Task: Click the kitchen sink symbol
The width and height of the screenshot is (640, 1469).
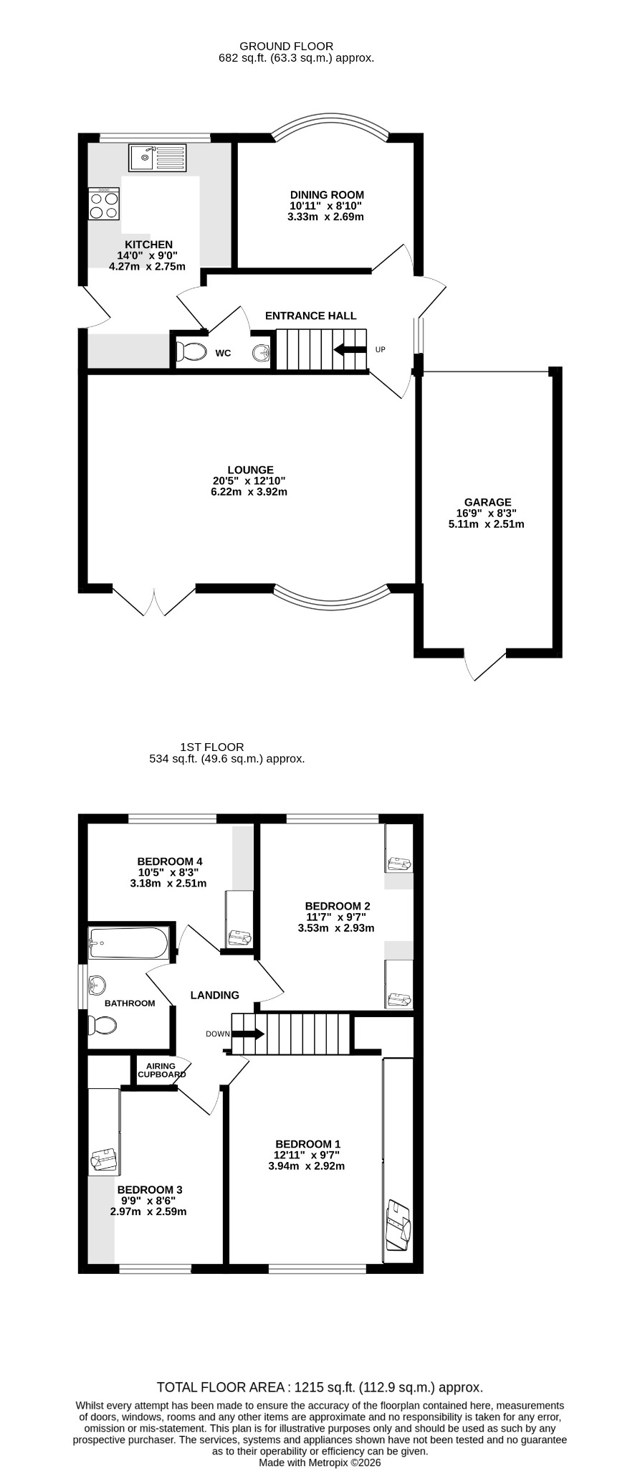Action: coord(157,158)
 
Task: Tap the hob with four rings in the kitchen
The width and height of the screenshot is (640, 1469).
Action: coord(104,204)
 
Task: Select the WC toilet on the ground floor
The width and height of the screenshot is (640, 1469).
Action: coord(189,352)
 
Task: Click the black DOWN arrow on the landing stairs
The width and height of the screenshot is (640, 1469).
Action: coord(249,1034)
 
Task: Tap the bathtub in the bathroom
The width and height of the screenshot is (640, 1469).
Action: coord(129,943)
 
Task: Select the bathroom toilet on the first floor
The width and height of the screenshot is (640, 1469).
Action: coord(101,1026)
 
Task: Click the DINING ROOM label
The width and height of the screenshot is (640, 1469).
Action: coord(327,194)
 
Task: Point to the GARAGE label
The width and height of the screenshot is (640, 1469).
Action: coord(487,502)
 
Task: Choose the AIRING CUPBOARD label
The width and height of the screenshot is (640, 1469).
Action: coord(161,1070)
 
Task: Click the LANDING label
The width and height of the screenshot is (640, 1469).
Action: coord(214,995)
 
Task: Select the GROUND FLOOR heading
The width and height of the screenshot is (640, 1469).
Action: coord(296,47)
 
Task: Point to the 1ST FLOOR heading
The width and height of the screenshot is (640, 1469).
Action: coord(212,747)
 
